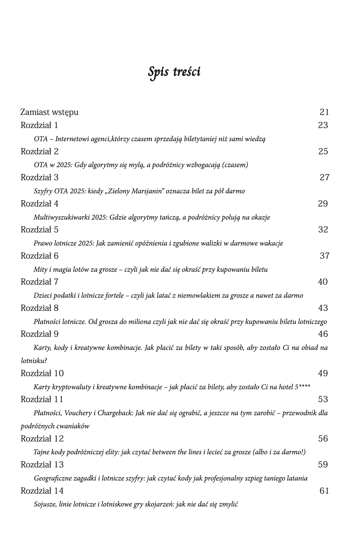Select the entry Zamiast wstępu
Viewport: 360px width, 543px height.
[49, 112]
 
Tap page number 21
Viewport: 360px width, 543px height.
[324, 112]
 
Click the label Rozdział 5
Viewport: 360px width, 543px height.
[39, 230]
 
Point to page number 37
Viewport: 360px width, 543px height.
[324, 256]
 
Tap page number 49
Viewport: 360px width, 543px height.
[323, 373]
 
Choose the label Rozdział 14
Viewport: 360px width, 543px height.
[42, 491]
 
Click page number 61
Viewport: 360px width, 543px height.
[324, 491]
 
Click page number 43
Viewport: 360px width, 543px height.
[323, 308]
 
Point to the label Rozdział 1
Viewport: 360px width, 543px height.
[39, 125]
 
